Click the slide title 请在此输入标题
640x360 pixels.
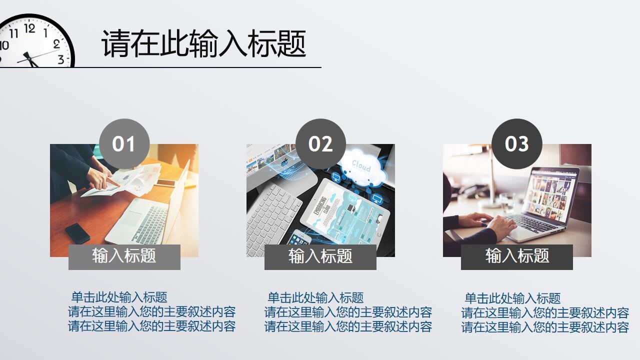point(203,44)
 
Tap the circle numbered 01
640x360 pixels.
point(124,144)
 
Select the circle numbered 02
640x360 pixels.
point(320,144)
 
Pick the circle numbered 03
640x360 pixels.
point(517,144)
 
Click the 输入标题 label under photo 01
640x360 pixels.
point(124,256)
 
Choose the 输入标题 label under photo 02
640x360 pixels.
point(320,256)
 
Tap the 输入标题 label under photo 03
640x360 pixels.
point(517,256)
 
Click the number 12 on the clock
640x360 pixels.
point(29,28)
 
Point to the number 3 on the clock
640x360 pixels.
point(60,59)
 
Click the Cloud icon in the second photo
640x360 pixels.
point(361,165)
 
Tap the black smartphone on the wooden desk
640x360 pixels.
point(77,233)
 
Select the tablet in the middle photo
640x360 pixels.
point(345,210)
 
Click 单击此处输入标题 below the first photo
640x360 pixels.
point(119,297)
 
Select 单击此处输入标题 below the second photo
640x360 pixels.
point(315,297)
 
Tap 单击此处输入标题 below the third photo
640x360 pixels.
point(512,298)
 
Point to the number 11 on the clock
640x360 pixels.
point(14,33)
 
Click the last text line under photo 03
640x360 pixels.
point(545,327)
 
